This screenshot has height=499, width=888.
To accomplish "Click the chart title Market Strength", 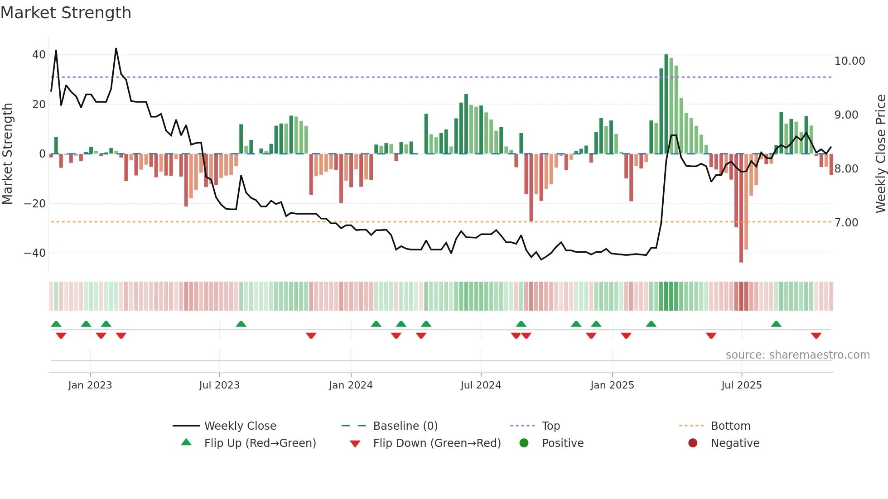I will (66, 13).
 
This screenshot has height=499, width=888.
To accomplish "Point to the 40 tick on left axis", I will (39, 55).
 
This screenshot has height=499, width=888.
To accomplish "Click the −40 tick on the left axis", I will (35, 253).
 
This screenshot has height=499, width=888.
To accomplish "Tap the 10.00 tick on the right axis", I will (849, 61).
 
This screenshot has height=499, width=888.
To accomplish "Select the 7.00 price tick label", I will (846, 223).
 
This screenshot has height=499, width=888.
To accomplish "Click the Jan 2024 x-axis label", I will (351, 385).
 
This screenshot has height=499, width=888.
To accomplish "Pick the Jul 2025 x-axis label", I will (741, 385).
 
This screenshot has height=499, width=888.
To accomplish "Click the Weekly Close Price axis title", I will (880, 154).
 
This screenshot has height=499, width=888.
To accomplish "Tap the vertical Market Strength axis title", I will (7, 154).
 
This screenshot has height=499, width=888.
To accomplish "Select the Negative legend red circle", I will (693, 443).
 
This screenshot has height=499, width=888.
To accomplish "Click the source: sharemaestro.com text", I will (797, 355).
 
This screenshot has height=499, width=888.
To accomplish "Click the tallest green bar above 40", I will (666, 104).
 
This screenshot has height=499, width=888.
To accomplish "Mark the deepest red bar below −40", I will (741, 208).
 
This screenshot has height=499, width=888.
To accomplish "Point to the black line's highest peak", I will (116, 48).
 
